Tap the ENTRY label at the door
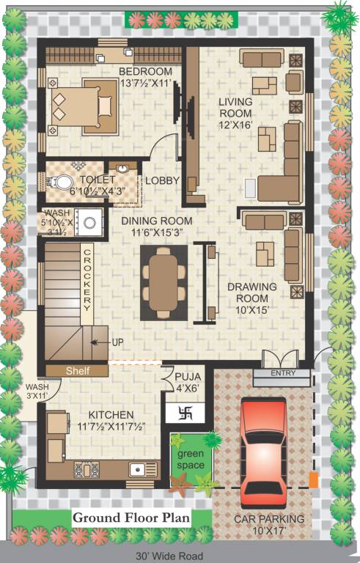(282, 374)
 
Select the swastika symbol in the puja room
(187, 413)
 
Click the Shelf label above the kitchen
(77, 371)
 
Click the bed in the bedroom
(83, 106)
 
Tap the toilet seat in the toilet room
(65, 182)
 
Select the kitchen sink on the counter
(137, 470)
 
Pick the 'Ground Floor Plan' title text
(131, 518)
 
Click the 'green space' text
(191, 460)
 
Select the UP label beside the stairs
(118, 342)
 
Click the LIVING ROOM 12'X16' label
(235, 114)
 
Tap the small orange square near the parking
(313, 481)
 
